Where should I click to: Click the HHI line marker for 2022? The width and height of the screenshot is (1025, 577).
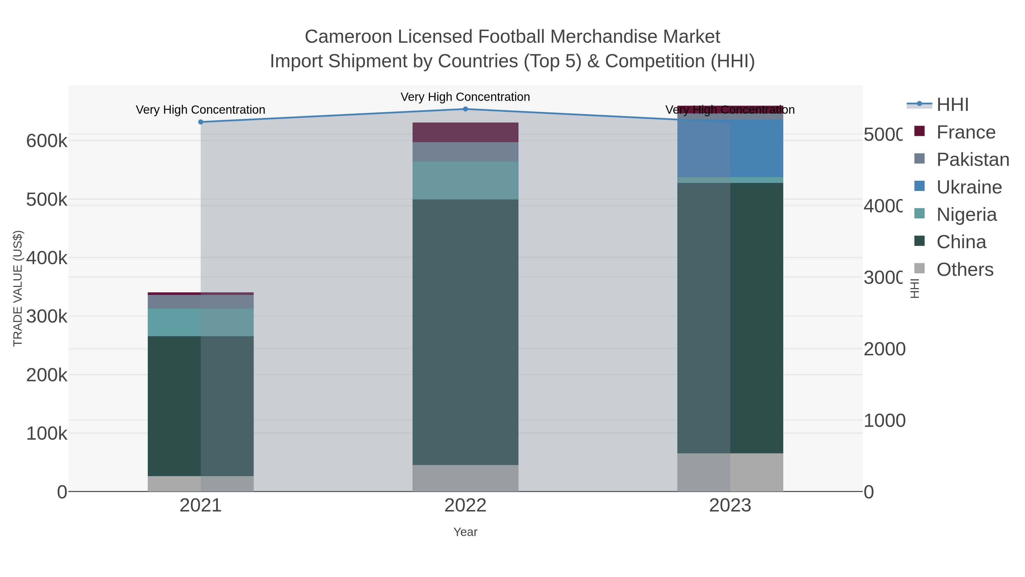point(465,109)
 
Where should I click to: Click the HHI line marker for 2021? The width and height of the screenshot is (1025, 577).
point(200,122)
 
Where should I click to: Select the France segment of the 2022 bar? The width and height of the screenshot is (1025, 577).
point(465,132)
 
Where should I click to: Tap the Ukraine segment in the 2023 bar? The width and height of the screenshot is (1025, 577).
point(730,148)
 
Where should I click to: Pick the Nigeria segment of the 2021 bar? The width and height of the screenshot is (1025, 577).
point(200,322)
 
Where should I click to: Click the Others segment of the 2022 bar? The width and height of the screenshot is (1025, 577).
point(465,478)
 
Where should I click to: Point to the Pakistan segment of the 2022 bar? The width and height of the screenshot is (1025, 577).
point(465,152)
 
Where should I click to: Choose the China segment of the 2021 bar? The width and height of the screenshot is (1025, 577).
point(200,406)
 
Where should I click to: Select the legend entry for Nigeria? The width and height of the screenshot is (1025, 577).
point(966,214)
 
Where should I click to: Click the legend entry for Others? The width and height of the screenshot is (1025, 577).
point(965,269)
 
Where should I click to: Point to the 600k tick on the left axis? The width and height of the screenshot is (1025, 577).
point(47,140)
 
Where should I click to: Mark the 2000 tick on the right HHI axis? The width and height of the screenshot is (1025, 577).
point(884,349)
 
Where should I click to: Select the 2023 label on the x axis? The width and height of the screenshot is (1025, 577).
point(730,505)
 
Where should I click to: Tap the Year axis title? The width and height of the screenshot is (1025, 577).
point(465,532)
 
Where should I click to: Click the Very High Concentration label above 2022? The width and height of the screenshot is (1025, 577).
point(465,97)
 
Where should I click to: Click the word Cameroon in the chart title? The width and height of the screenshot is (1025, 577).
point(348,37)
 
